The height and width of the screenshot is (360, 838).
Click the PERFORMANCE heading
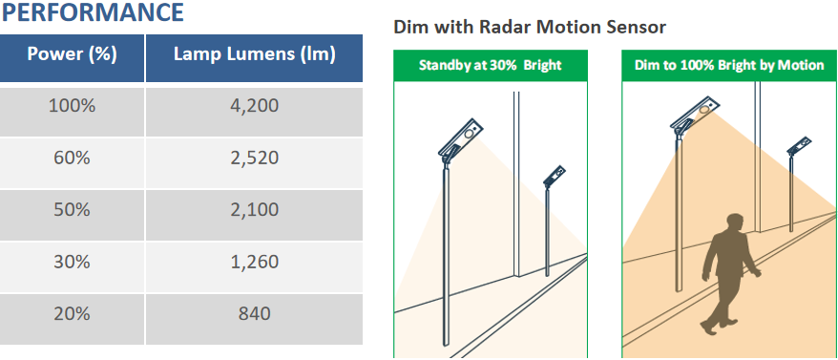pyautogui.click(x=93, y=12)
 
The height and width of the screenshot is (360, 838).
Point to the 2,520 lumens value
pyautogui.click(x=255, y=159)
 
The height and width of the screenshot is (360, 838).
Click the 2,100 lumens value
pyautogui.click(x=255, y=210)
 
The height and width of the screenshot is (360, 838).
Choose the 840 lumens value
pyautogui.click(x=255, y=314)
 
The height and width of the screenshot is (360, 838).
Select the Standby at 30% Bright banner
pyautogui.click(x=491, y=66)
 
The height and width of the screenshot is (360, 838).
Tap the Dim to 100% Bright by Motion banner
pyautogui.click(x=729, y=66)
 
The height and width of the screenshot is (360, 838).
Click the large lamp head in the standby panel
pyautogui.click(x=461, y=138)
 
